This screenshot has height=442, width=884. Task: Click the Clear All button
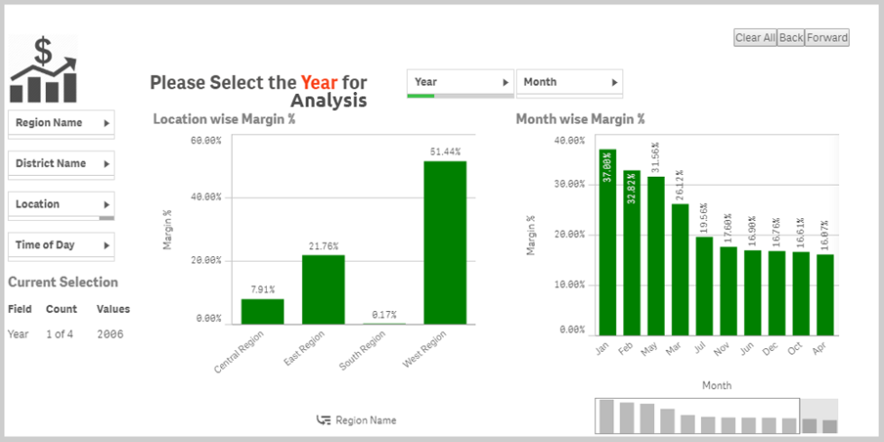755,38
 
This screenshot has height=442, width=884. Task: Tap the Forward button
827,38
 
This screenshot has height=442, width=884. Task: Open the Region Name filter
61,123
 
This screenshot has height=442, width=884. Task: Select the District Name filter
61,163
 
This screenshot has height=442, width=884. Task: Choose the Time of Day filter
61,244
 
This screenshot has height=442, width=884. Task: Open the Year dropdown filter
460,82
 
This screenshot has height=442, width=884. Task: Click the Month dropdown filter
568,82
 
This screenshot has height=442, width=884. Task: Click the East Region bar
323,289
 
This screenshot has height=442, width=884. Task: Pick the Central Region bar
262,311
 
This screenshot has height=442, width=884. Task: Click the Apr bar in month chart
825,294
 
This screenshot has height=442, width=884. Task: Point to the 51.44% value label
445,152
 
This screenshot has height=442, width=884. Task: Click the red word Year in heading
319,82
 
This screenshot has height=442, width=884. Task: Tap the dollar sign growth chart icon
43,70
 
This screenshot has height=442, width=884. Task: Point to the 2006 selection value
110,334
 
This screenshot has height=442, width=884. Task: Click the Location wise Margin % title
225,118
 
